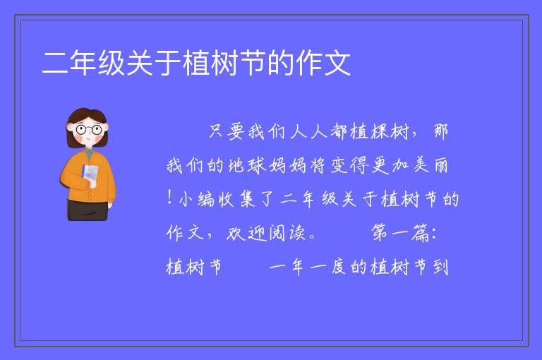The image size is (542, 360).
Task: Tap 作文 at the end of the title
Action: click(x=323, y=63)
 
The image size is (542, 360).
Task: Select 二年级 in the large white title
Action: click(x=83, y=63)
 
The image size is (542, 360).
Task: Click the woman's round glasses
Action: click(x=89, y=130)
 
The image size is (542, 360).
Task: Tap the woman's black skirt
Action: click(x=88, y=210)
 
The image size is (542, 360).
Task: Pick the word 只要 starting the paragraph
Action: click(x=227, y=131)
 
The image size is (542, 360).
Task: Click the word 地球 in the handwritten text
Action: click(x=247, y=165)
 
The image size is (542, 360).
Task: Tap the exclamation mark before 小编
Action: click(x=169, y=198)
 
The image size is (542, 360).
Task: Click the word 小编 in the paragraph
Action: click(x=196, y=199)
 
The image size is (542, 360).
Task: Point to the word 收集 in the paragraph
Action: click(x=237, y=199)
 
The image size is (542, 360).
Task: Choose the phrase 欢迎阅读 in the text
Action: click(x=266, y=233)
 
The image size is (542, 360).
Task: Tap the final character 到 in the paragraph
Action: click(x=440, y=267)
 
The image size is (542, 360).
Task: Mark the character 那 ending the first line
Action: click(x=440, y=131)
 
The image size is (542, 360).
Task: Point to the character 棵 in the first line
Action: click(x=380, y=131)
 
